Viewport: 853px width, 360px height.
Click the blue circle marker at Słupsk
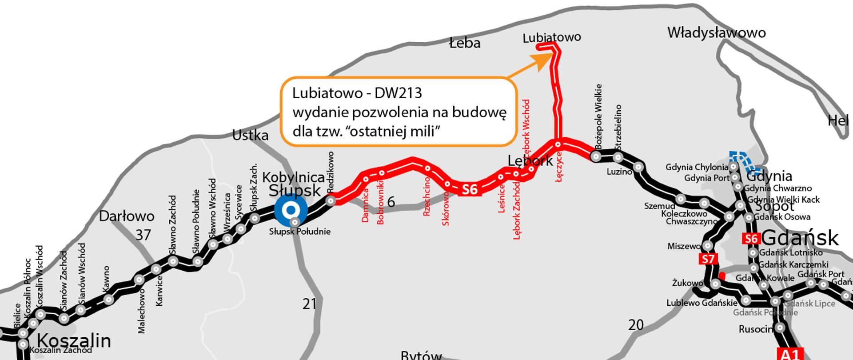[x=291, y=210]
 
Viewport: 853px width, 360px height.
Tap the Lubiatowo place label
[x=551, y=37]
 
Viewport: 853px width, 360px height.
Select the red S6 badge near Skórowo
[x=469, y=190]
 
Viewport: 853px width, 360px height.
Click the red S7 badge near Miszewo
[x=708, y=259]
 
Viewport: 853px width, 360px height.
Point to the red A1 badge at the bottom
[x=789, y=354]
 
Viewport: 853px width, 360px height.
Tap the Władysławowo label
[x=716, y=32]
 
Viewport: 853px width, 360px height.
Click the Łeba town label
[x=464, y=43]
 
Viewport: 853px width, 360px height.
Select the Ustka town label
[x=250, y=135]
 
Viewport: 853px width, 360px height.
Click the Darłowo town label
[x=127, y=216]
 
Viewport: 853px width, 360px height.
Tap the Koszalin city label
[x=74, y=341]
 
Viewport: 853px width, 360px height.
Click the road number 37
[x=143, y=235]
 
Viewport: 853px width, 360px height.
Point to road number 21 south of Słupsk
[x=309, y=304]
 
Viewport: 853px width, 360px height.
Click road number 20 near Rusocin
[x=636, y=325]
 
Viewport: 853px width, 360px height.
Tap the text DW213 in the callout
[x=398, y=93]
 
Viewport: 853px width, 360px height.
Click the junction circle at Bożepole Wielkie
[x=596, y=156]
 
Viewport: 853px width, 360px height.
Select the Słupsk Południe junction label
[x=300, y=232]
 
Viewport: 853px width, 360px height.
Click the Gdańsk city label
[x=800, y=238]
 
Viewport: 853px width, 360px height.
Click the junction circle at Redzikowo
[x=331, y=201]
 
